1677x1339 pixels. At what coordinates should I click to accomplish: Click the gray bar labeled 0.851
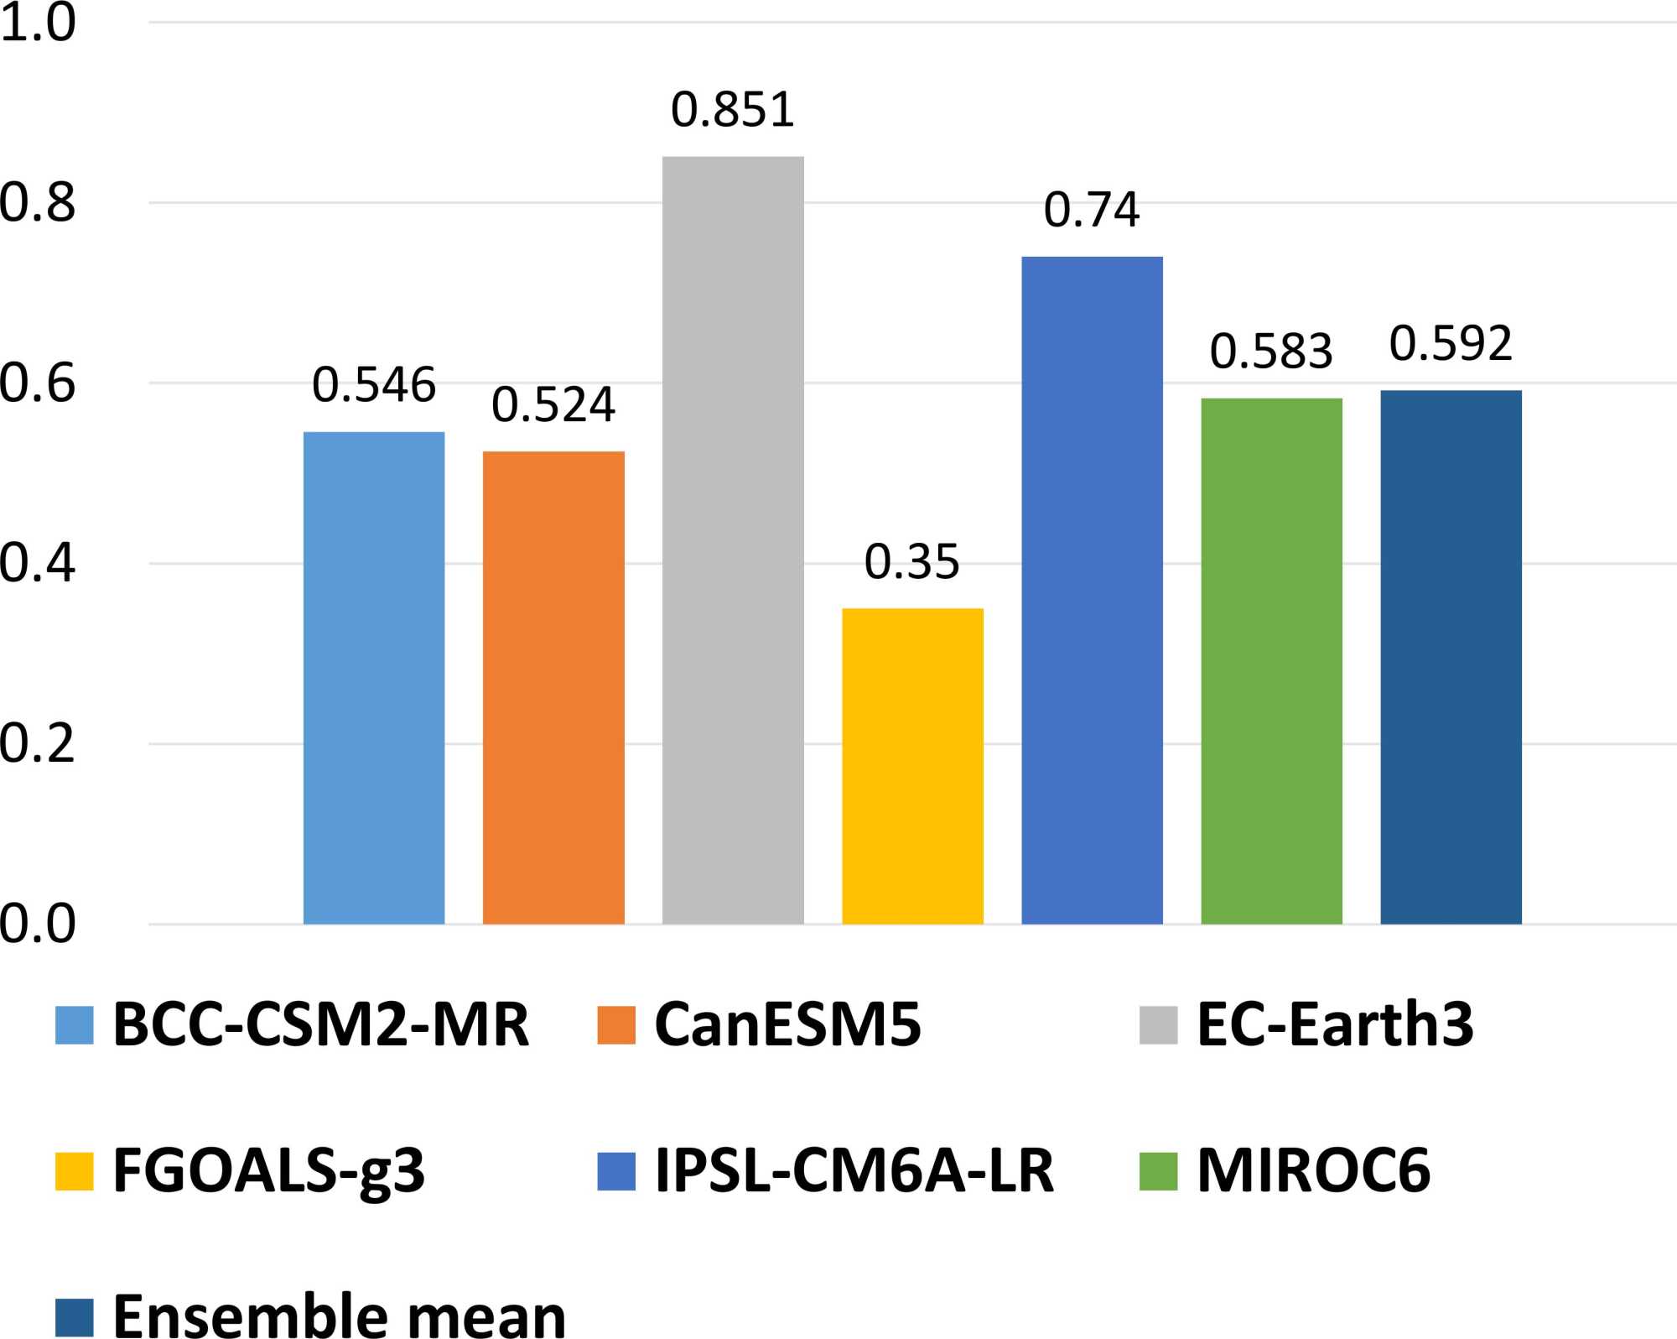tap(733, 540)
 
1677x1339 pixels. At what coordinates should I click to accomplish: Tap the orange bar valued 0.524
tap(553, 688)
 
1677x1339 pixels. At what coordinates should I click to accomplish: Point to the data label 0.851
tap(733, 110)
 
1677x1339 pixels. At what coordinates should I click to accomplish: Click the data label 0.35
tap(912, 561)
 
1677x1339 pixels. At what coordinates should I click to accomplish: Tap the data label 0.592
tap(1451, 343)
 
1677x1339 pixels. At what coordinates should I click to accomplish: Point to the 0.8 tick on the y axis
tap(38, 202)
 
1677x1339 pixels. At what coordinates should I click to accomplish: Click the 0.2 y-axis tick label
tap(38, 743)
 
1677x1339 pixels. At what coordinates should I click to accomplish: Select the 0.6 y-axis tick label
tap(38, 383)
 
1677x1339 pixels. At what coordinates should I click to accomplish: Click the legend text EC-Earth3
tap(1335, 1024)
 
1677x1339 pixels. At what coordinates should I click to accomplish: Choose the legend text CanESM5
tap(787, 1024)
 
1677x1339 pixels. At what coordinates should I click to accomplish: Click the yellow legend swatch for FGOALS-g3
tap(74, 1171)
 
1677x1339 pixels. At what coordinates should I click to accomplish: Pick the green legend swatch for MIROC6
tap(1158, 1171)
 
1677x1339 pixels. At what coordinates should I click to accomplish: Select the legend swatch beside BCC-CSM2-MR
tap(74, 1025)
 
